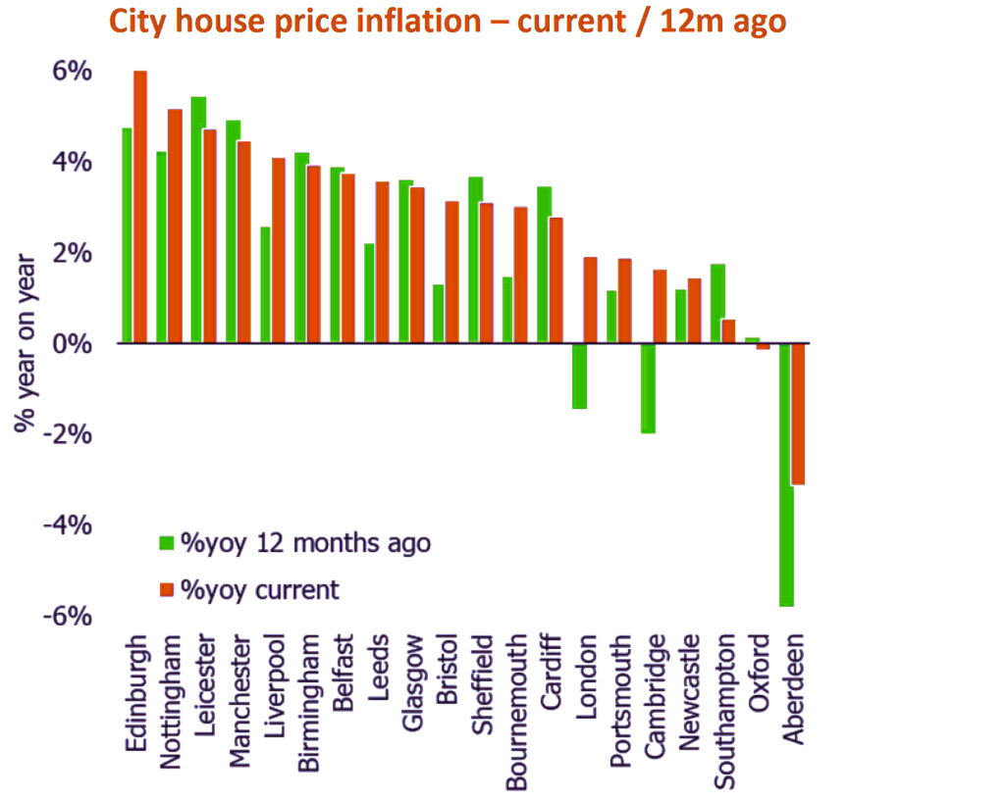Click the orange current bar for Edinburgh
click(140, 207)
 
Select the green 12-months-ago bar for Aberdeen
click(785, 475)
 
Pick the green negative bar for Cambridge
click(648, 388)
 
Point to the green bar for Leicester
click(198, 220)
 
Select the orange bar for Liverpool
click(279, 250)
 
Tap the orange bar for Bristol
click(451, 272)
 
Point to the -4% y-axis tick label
click(67, 526)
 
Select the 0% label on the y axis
click(72, 344)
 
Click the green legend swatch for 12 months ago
click(166, 542)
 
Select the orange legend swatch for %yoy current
click(166, 589)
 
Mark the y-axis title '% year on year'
click(26, 343)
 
